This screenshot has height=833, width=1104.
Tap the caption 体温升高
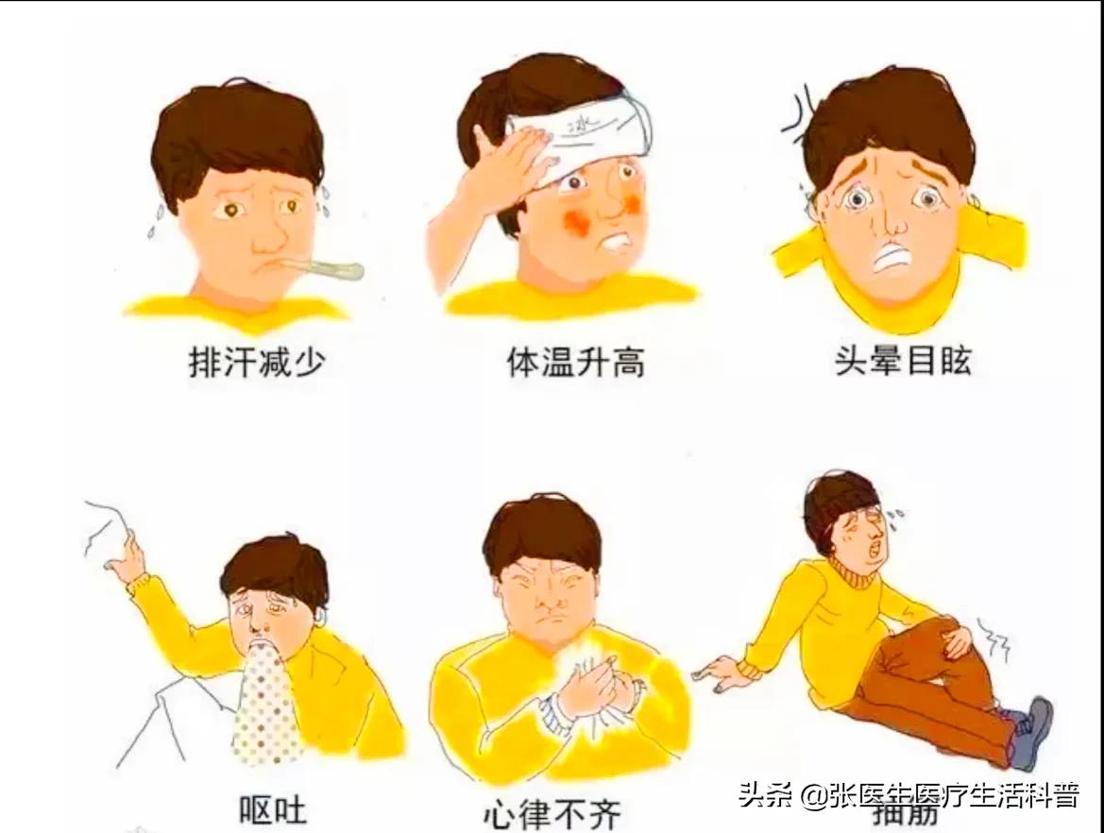click(576, 363)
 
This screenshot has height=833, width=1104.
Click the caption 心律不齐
click(553, 813)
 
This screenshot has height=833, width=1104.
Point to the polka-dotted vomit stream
click(267, 704)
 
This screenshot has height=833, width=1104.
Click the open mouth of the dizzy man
click(891, 257)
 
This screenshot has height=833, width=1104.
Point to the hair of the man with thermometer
click(236, 137)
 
